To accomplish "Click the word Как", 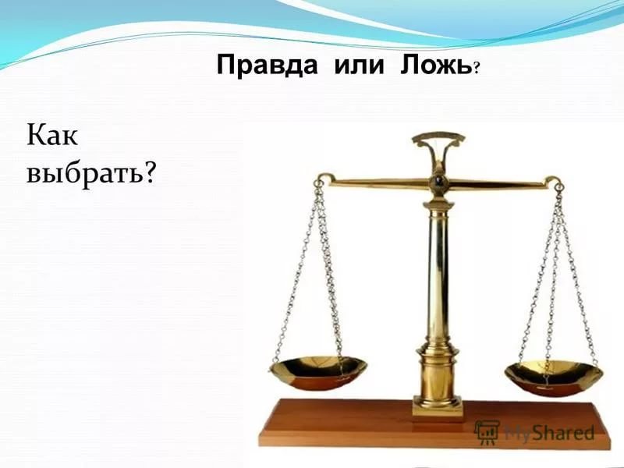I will (52, 139).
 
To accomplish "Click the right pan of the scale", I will (553, 374).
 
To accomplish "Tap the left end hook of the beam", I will (318, 184).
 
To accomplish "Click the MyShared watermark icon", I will (487, 432).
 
